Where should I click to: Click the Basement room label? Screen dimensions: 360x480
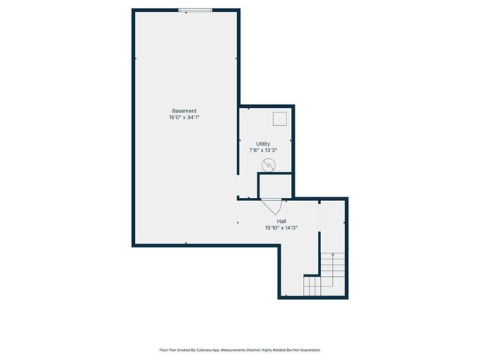(x=184, y=111)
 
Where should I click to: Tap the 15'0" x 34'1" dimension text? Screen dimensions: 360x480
(x=184, y=118)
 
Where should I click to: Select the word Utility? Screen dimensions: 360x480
(x=263, y=144)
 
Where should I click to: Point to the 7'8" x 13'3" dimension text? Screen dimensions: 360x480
(x=263, y=151)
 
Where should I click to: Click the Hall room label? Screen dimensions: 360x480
(x=281, y=221)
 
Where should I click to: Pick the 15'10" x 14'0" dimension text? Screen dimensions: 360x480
(x=281, y=228)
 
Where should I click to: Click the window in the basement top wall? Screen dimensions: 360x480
(x=194, y=10)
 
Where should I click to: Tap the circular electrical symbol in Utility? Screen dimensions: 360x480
(x=268, y=165)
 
